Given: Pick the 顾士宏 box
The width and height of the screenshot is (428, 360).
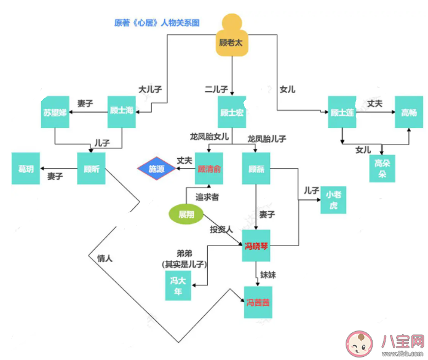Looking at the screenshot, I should (x=232, y=112).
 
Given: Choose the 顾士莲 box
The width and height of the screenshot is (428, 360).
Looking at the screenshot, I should (x=342, y=112).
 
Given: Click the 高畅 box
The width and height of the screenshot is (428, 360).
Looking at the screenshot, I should (x=409, y=112).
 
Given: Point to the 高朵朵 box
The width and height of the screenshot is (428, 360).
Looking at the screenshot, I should (x=382, y=167).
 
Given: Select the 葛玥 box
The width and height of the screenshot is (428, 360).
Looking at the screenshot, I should (x=26, y=168).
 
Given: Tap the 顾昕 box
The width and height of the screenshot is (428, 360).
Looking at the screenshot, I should (x=92, y=168).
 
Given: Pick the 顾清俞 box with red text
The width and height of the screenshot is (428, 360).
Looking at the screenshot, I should (x=208, y=168).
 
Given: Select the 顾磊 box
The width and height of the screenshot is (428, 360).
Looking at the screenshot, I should (x=256, y=168).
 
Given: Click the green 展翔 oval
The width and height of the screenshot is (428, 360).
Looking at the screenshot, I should (x=186, y=214).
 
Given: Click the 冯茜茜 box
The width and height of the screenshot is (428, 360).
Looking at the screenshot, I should (x=258, y=302).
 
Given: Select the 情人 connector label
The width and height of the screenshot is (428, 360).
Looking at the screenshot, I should (x=105, y=258).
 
